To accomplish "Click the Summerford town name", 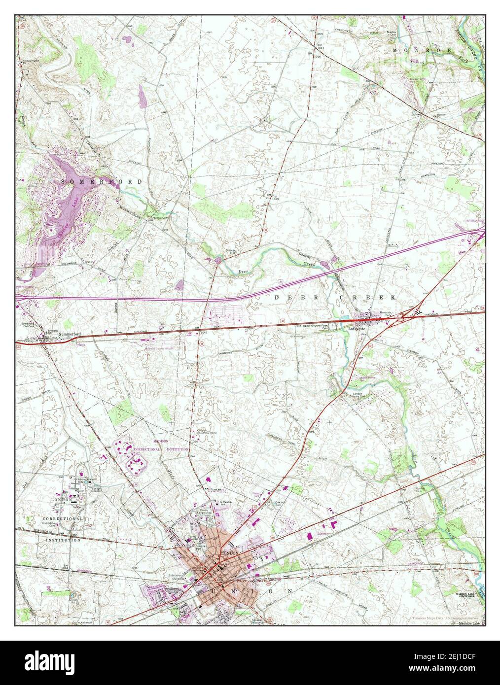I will click(x=69, y=334).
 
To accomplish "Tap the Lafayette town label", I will click(x=358, y=328).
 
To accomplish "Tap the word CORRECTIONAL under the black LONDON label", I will click(x=62, y=519).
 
